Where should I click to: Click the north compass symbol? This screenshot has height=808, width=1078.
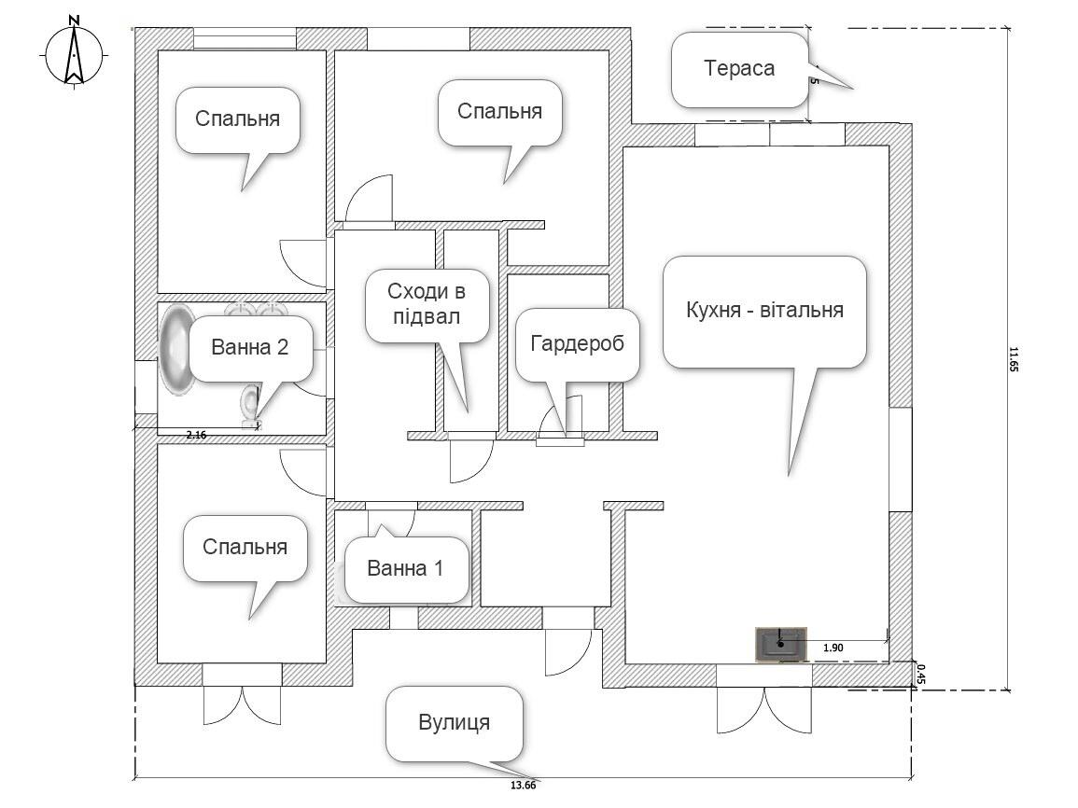point(75,55)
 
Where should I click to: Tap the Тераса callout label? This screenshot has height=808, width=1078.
point(739,69)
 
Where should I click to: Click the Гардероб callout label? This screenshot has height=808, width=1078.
point(577,343)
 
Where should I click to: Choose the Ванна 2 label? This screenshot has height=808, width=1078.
point(249,347)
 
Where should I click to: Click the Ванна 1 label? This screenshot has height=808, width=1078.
point(405,568)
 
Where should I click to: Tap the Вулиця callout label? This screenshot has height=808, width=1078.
point(455,722)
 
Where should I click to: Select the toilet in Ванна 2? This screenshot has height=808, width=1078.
point(250,407)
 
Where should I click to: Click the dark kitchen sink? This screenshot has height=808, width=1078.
point(780,644)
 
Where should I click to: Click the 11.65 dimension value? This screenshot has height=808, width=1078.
point(1014,360)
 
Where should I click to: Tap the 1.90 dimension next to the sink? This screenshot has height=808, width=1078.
point(833,647)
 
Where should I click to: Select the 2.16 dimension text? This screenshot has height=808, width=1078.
point(196,435)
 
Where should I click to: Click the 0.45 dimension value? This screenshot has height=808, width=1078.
point(920,674)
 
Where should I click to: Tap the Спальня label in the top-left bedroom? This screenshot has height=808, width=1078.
point(238,118)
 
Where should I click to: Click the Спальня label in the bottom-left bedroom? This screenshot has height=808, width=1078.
point(245,547)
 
